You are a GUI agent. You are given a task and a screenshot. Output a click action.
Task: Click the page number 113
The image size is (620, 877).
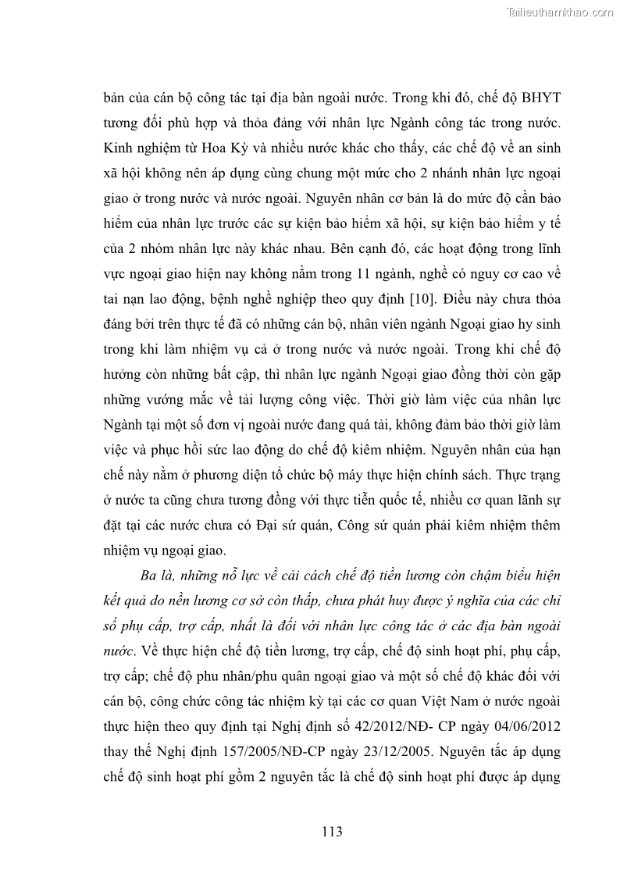click(x=332, y=832)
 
